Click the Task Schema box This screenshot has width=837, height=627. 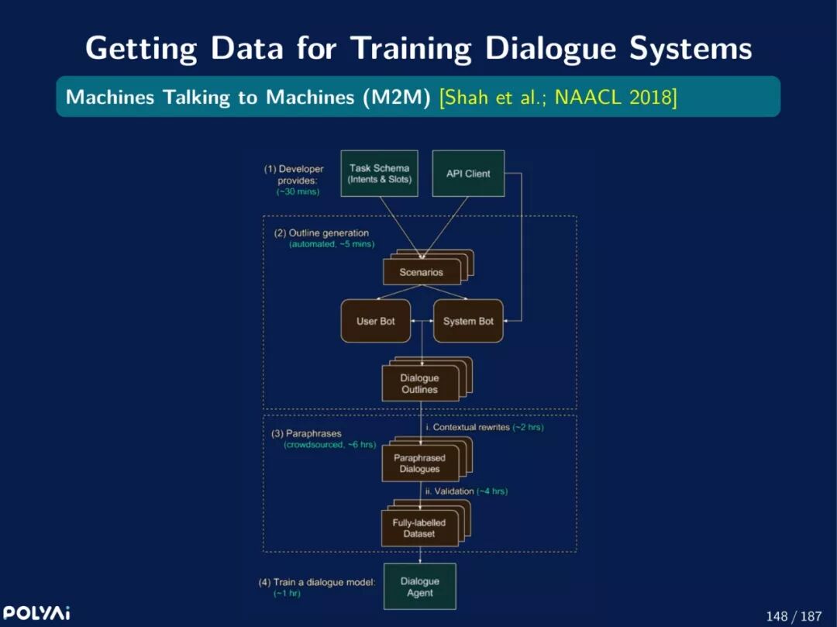(379, 174)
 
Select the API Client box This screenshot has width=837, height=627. (468, 174)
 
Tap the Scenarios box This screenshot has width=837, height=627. (421, 272)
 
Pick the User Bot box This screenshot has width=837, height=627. (376, 321)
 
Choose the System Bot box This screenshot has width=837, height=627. (468, 321)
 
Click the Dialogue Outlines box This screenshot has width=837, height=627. (419, 384)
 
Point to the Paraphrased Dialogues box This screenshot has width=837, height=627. (419, 463)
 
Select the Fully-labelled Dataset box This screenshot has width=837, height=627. (419, 529)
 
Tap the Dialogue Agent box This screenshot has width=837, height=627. (419, 587)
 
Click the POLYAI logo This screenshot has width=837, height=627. (36, 613)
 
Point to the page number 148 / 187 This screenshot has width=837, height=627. (794, 616)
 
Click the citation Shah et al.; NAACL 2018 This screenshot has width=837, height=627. (558, 98)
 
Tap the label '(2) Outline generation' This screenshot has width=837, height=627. (321, 233)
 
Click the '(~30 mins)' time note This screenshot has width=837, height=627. (298, 191)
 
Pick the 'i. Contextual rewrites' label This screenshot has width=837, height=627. (467, 427)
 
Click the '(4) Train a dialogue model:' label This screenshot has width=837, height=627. (317, 582)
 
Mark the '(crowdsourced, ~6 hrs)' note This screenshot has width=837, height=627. (329, 445)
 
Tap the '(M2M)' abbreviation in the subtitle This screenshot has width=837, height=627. (398, 98)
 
